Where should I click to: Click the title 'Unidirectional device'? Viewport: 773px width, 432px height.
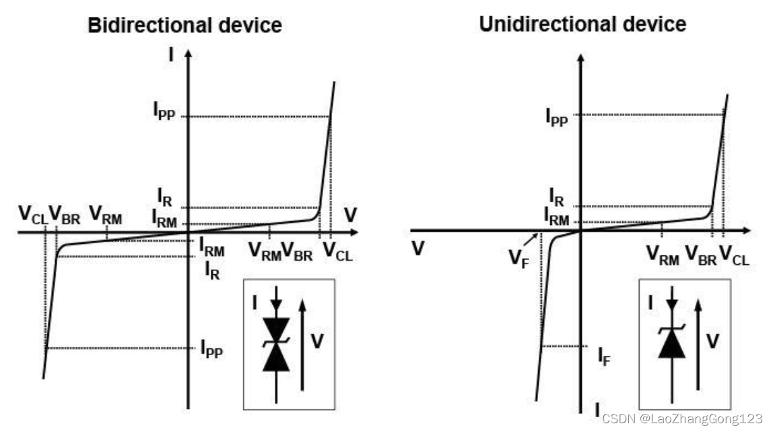coord(582,24)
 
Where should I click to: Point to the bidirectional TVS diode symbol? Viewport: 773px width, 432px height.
coord(276,344)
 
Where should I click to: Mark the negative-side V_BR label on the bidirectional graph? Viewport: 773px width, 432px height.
coord(66,216)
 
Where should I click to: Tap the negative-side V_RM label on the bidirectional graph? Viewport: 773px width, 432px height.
coord(106,216)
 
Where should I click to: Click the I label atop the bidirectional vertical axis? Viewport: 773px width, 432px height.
coord(172,54)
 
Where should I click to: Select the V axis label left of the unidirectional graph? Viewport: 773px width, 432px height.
coord(417,249)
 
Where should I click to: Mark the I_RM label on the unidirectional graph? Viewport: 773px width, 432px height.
coord(556,217)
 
